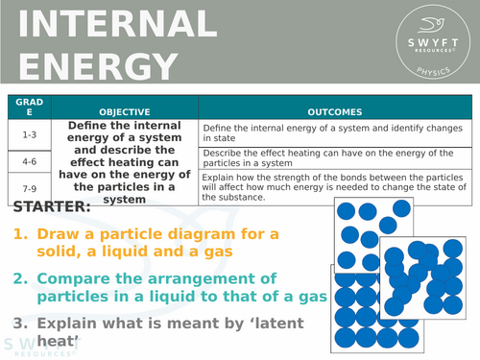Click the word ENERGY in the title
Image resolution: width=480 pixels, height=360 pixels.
tap(91, 66)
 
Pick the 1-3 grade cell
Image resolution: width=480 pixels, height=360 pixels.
tap(29, 134)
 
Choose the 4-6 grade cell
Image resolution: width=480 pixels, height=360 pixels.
tap(29, 161)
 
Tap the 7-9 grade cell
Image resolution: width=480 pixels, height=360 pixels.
tap(29, 185)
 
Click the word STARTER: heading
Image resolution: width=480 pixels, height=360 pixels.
tap(54, 206)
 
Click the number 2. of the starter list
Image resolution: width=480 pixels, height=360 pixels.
tap(21, 278)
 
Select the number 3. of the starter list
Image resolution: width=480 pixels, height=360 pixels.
tap(21, 323)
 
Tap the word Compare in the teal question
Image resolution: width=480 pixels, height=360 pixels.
tap(75, 278)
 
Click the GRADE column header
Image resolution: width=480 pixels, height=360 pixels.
tap(29, 106)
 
